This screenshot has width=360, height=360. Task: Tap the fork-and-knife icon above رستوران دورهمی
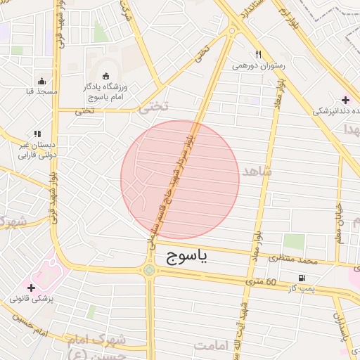[x=259, y=54]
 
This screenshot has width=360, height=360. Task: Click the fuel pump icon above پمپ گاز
[x=302, y=278]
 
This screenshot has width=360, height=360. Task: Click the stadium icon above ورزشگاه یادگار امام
[x=106, y=75]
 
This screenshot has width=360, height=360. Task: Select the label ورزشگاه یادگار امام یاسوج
[x=110, y=91]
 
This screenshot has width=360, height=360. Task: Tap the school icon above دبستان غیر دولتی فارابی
[x=37, y=133]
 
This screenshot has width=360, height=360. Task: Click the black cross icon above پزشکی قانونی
[x=31, y=287]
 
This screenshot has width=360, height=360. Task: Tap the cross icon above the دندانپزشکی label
[x=345, y=99]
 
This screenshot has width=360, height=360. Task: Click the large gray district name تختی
[x=153, y=107]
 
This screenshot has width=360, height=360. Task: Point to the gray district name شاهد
[x=256, y=171]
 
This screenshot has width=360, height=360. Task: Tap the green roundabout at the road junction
[x=149, y=269]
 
